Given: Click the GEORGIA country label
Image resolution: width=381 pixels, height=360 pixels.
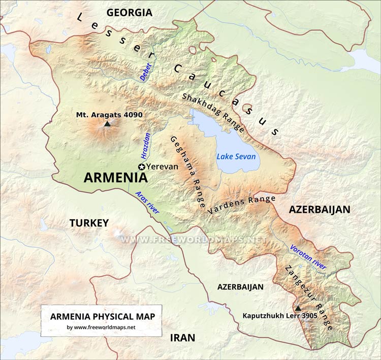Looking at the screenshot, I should pos(129,12).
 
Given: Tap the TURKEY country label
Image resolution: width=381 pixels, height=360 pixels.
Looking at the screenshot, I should pos(89,223).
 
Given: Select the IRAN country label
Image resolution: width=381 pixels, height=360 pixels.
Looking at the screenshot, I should pos(182,338).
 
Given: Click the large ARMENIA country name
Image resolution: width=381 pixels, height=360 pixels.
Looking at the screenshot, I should pos(115,178).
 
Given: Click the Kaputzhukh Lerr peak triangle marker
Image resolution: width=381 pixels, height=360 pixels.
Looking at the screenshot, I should pos(298,308).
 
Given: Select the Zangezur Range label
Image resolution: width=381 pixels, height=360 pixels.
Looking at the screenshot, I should pos(309,298).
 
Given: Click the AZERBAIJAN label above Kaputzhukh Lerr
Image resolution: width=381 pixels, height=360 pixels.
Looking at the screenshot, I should pos(240,287).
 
